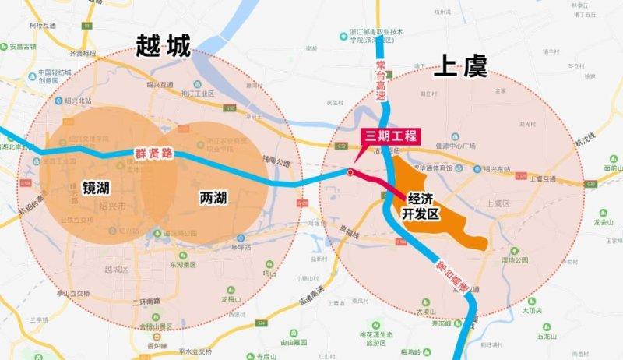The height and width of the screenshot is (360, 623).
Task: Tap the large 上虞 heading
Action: (460, 68)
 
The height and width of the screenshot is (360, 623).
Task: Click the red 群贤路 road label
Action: (152, 154)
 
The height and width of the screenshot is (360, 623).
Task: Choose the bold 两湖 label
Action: (213, 197)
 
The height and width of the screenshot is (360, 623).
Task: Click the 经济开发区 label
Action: (421, 206)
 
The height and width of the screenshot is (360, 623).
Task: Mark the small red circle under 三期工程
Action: (350, 172)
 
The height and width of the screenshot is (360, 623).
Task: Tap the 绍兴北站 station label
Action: (79, 101)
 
